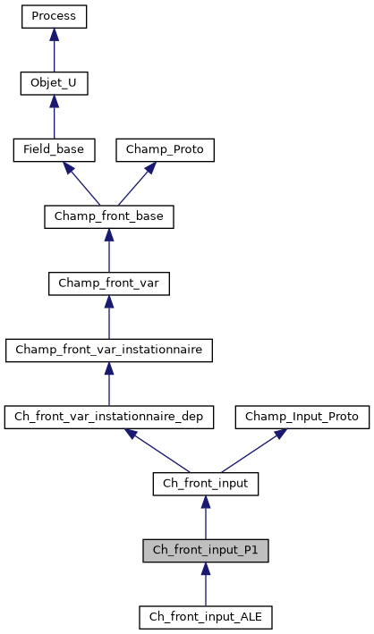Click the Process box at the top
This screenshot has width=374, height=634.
[x=54, y=16]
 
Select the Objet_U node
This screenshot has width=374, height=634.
[x=54, y=83]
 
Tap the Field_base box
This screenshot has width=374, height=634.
[x=54, y=149]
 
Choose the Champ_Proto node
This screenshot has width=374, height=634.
[x=166, y=149]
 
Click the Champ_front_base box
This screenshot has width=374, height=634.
[x=108, y=216]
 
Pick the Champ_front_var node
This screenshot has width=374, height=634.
[x=108, y=283]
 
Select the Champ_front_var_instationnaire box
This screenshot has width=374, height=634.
[x=108, y=350]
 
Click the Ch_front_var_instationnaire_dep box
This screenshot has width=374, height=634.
[x=108, y=417]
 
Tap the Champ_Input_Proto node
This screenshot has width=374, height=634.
[x=302, y=417]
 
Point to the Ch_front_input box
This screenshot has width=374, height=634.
[x=205, y=484]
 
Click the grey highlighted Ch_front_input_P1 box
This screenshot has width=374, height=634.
[x=205, y=550]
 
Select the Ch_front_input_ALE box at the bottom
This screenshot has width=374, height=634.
[x=205, y=617]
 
